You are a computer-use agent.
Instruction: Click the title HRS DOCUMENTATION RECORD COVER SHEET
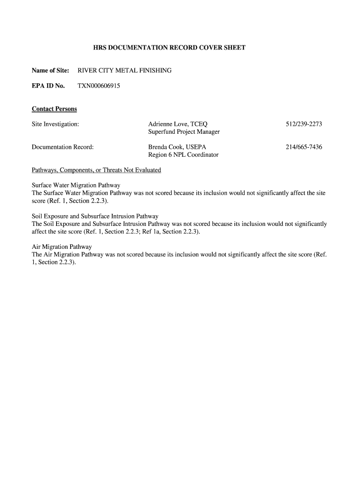click(x=169, y=48)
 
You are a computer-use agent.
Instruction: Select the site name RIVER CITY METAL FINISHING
click(x=124, y=71)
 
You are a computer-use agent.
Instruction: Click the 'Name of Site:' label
click(x=50, y=71)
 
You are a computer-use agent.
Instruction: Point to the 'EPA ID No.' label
click(x=48, y=86)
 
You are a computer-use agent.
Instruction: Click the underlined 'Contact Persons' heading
click(x=54, y=109)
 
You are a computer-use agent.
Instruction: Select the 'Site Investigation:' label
click(x=55, y=124)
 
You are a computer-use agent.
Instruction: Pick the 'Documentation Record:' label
click(x=63, y=147)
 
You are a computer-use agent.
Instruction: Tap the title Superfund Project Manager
click(x=184, y=132)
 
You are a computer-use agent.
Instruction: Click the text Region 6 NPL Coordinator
click(x=183, y=155)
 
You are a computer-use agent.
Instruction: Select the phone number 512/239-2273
click(x=304, y=124)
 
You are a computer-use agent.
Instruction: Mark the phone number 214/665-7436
click(x=304, y=147)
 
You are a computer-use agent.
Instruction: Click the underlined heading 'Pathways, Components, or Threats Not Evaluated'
click(x=96, y=170)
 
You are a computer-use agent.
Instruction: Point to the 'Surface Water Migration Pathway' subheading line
click(x=76, y=185)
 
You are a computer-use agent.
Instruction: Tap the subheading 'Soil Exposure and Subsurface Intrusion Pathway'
click(x=95, y=216)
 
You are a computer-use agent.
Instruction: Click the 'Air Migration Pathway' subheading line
click(x=62, y=247)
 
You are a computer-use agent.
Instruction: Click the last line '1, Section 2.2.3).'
click(x=54, y=262)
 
